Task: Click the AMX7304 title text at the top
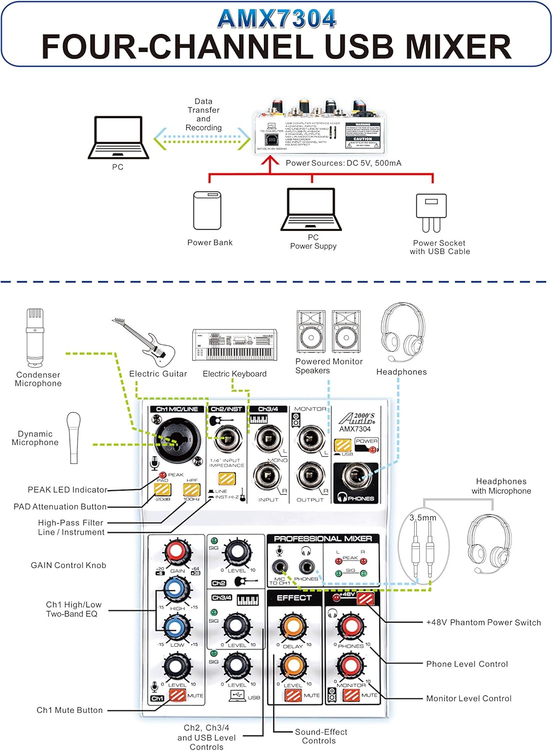tap(276, 19)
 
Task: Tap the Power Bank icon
tap(207, 210)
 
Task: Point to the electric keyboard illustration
tap(235, 345)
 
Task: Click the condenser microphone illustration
tap(35, 337)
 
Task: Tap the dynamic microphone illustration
tap(74, 438)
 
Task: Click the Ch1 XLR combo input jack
tap(173, 441)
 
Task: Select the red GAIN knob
tap(177, 552)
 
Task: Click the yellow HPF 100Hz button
tap(192, 489)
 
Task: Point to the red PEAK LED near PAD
tap(163, 475)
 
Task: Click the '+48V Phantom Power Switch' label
tap(483, 622)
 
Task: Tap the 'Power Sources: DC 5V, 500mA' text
tap(343, 163)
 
